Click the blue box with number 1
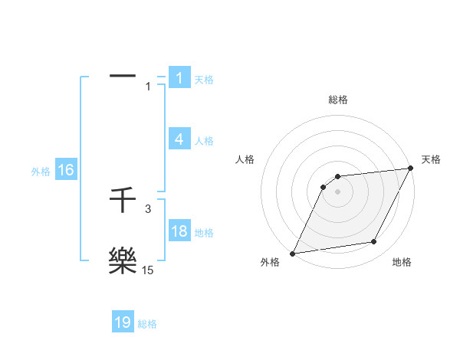pos(179,78)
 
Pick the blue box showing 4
pos(179,139)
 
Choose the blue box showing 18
pos(179,231)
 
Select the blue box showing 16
pos(66,170)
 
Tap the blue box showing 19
pos(123,322)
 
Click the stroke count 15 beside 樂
pos(148,270)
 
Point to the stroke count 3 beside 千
pos(148,208)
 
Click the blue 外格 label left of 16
pos(41,172)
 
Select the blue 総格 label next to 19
pos(147,324)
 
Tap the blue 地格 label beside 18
pos(204,233)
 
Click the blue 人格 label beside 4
pos(204,141)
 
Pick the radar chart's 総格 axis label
pos(338,100)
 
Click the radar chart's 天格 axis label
pos(431,159)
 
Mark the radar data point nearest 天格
pos(410,169)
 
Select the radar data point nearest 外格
pos(292,253)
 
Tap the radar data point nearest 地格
pos(374,242)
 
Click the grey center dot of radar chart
pos(338,191)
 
